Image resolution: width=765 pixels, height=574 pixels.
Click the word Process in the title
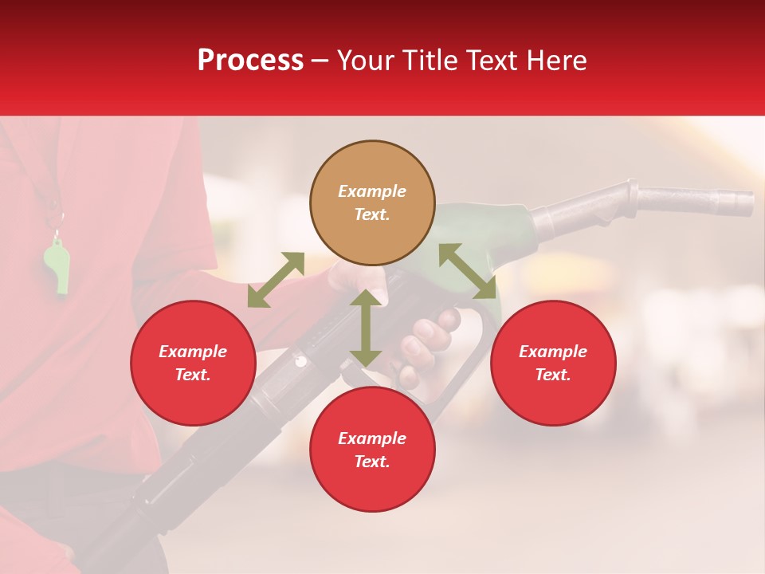pyautogui.click(x=250, y=61)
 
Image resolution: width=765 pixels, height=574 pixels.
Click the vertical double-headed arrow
pyautogui.click(x=366, y=328)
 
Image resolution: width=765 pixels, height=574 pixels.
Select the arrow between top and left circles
pyautogui.click(x=276, y=280)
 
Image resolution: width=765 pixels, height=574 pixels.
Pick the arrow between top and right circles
pyautogui.click(x=468, y=271)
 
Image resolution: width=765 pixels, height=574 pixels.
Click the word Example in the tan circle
pyautogui.click(x=372, y=191)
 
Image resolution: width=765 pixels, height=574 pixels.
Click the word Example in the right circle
pyautogui.click(x=553, y=352)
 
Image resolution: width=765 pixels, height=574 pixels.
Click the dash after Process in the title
pyautogui.click(x=320, y=61)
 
